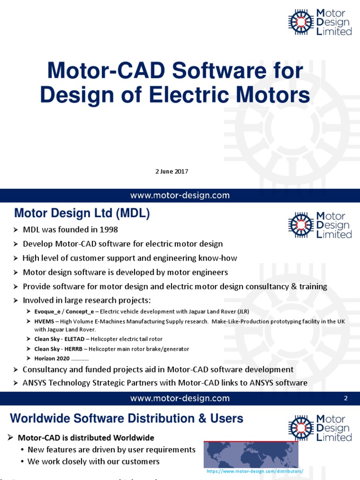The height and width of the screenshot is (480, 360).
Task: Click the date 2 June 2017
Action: [172, 172]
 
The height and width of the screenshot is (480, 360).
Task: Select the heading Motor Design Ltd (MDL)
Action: [82, 214]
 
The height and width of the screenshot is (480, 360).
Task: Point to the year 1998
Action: [109, 230]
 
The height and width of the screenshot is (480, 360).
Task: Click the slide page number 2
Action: [345, 398]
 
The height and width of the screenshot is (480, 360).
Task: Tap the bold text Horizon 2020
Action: [52, 359]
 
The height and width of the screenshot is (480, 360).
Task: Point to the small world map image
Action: [251, 454]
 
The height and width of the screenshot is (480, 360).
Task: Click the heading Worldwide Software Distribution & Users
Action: [127, 418]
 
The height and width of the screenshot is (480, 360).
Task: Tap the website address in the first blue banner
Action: [180, 195]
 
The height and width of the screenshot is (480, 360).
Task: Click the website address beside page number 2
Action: [180, 398]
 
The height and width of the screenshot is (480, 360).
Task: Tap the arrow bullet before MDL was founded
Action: [15, 230]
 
